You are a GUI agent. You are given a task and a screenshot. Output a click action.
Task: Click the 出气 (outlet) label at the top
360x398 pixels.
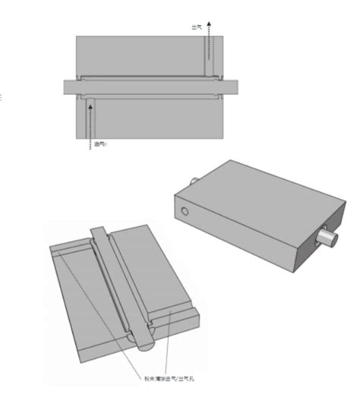[197, 27]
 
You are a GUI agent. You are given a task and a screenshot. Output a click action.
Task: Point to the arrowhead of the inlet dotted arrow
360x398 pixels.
[91, 107]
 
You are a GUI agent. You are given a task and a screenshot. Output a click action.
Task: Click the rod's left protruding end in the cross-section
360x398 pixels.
[71, 87]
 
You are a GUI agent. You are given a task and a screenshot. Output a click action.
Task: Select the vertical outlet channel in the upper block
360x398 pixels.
[209, 57]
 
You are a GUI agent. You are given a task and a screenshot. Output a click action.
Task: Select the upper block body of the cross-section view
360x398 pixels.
[144, 53]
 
